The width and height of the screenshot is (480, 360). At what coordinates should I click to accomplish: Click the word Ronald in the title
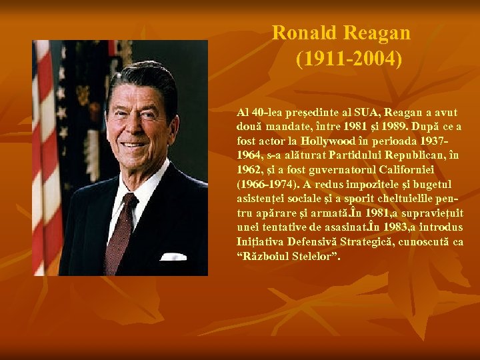[305, 33]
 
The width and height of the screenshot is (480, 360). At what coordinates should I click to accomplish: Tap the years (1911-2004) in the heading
[349, 60]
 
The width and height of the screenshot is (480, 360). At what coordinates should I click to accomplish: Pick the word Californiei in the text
[426, 169]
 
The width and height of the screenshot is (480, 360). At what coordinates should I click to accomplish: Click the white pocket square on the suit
[173, 255]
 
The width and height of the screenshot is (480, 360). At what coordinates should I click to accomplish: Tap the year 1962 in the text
[250, 169]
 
